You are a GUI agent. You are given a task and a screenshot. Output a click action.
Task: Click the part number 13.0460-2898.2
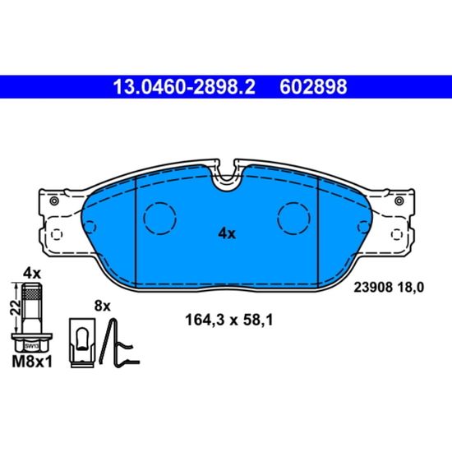click(184, 87)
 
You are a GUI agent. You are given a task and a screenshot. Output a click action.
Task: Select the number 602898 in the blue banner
click(313, 87)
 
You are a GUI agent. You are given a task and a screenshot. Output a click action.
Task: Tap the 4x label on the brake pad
click(227, 233)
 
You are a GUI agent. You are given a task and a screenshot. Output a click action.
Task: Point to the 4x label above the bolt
click(32, 274)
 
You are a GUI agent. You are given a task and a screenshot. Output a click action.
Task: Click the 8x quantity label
click(103, 307)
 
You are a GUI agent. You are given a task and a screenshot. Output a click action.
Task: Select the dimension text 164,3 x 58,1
click(229, 320)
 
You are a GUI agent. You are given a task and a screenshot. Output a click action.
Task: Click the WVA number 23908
click(373, 288)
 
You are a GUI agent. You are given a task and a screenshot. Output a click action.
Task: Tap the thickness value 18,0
click(410, 288)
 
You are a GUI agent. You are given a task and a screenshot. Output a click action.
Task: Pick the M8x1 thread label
click(32, 362)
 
